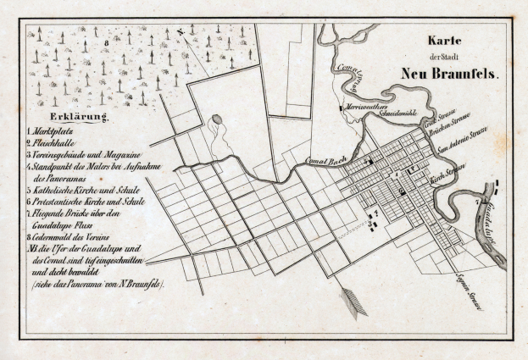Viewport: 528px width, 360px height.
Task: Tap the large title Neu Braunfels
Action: pyautogui.click(x=451, y=73)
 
